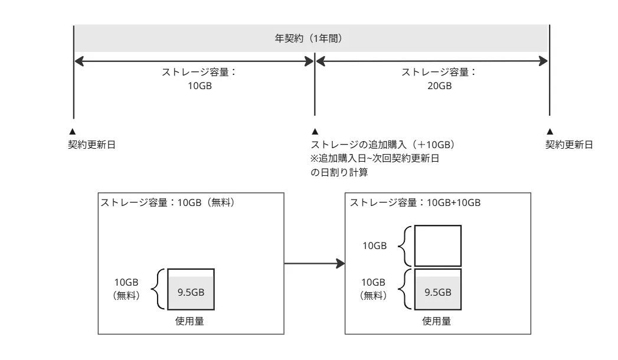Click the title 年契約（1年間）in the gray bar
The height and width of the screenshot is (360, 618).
click(x=311, y=38)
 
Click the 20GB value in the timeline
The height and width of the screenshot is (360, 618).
click(x=439, y=86)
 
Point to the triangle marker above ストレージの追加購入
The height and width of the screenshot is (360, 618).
click(x=315, y=131)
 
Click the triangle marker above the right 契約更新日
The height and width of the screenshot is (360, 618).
click(x=550, y=131)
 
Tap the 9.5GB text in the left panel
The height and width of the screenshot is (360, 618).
click(x=191, y=292)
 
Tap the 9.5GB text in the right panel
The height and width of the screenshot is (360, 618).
click(x=438, y=292)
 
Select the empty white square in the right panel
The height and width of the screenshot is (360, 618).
click(x=437, y=246)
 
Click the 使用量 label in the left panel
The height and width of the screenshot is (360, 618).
click(x=190, y=322)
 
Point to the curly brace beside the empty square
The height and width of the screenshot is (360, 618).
click(x=404, y=246)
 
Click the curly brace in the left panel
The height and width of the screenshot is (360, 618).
click(x=156, y=289)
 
